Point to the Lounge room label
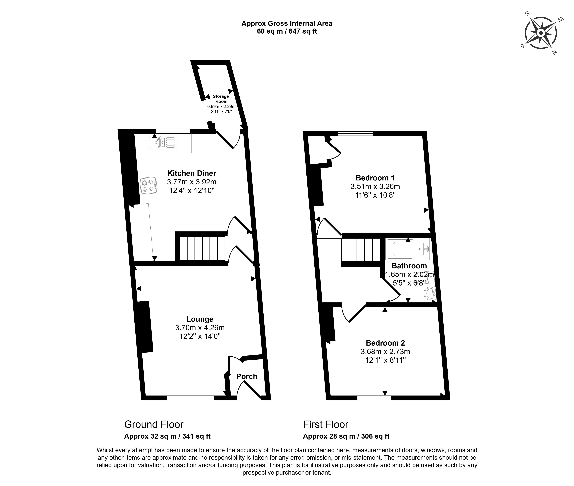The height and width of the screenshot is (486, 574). [200, 319]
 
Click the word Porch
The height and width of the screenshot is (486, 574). [247, 376]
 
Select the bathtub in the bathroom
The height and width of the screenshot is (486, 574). [408, 249]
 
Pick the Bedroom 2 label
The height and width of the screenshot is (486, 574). [385, 343]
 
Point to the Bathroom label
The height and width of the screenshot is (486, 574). [409, 266]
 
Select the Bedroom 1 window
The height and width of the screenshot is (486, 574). [356, 134]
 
